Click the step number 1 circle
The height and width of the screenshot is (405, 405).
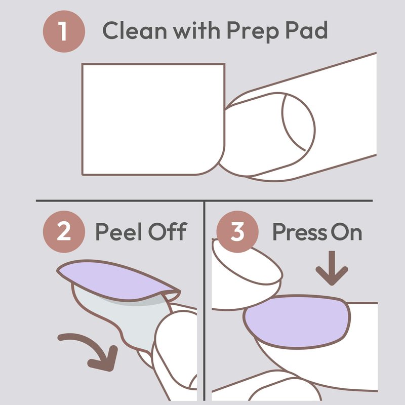click(64, 31)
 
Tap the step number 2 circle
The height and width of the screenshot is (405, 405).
click(64, 232)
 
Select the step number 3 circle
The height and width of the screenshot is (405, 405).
click(237, 232)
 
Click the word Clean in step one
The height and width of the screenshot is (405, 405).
click(135, 30)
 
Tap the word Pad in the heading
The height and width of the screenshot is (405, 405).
click(306, 30)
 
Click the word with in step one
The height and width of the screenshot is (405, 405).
click(196, 30)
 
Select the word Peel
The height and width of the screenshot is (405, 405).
click(119, 232)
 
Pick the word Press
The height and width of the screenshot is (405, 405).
click(299, 232)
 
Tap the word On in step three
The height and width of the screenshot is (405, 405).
click(346, 232)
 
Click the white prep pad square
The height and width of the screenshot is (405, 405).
click(154, 119)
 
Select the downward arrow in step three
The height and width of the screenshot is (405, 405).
click(332, 268)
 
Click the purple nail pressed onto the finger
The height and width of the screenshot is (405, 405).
click(297, 321)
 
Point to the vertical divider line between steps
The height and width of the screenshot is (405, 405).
click(205, 301)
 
